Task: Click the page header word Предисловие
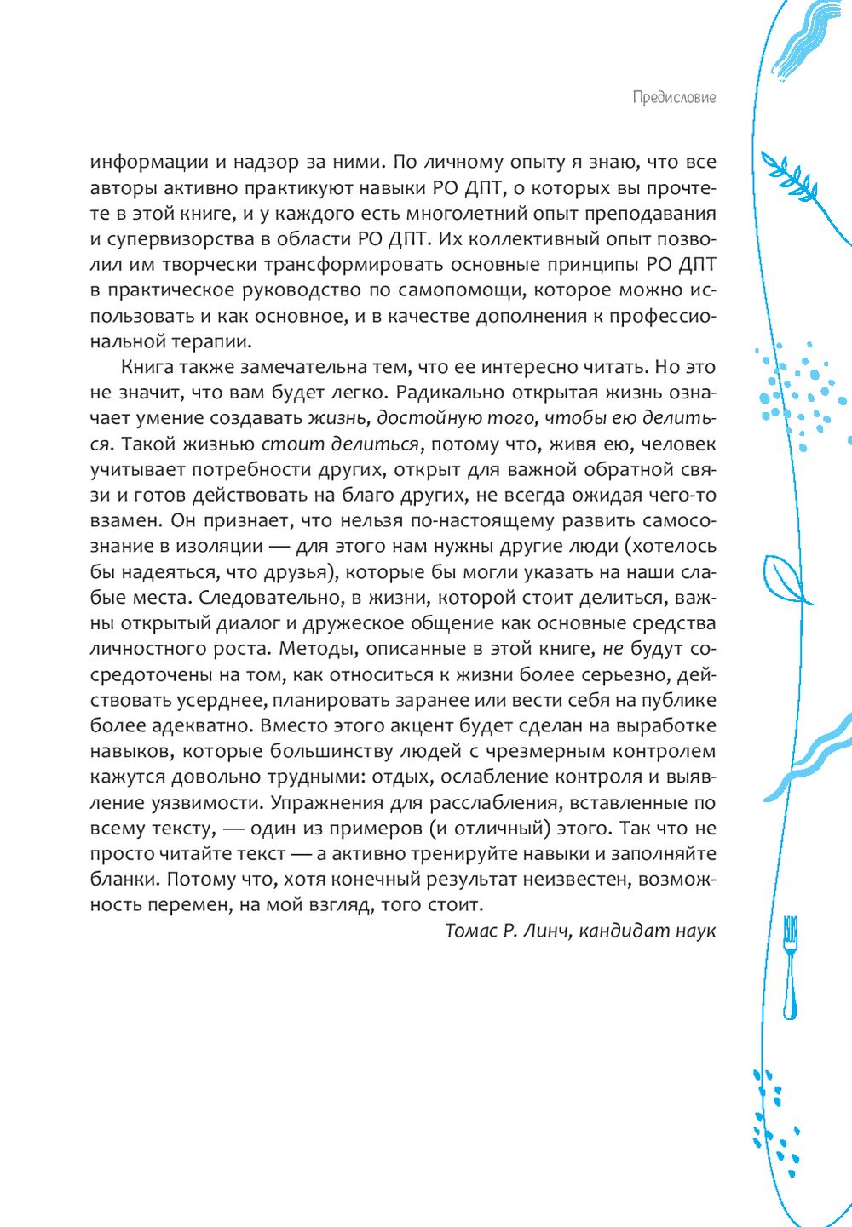674,97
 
